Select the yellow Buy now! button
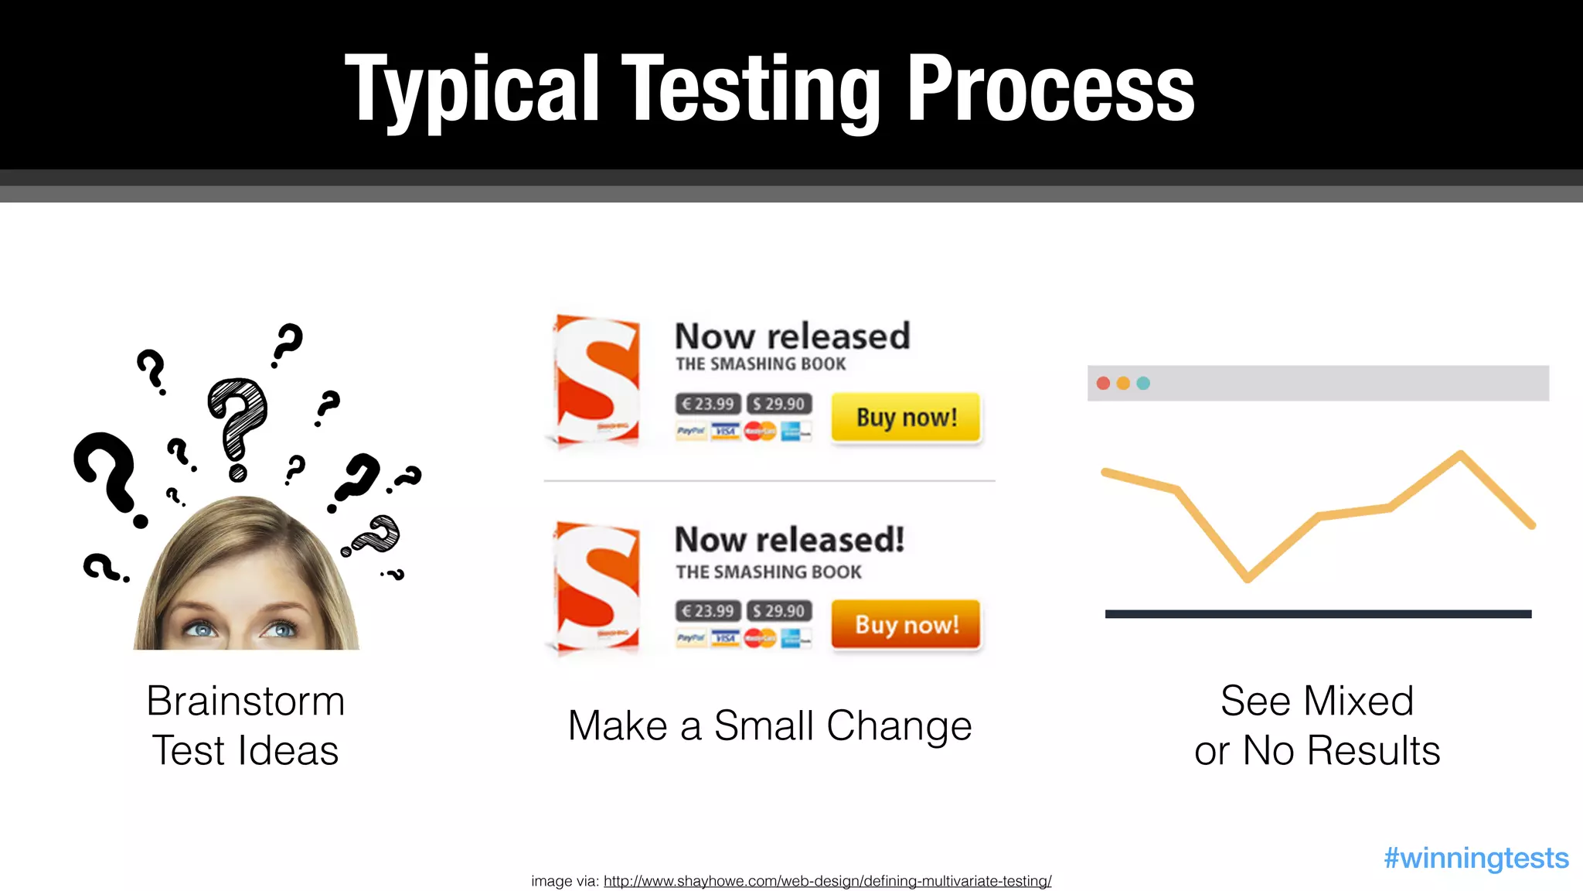[x=906, y=418]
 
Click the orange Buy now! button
[x=906, y=624]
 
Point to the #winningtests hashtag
[x=1476, y=858]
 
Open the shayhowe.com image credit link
[x=827, y=881]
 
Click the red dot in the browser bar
[x=1103, y=384]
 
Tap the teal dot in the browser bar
[x=1143, y=384]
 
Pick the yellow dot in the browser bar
[x=1123, y=384]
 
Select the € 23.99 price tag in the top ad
[x=708, y=404]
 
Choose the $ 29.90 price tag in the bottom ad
[x=779, y=611]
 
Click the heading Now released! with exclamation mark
[x=789, y=540]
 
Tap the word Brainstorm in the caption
[x=246, y=702]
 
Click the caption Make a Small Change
[x=770, y=726]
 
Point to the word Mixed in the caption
[x=1358, y=702]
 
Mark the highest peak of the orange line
[x=1460, y=453]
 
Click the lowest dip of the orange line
[x=1248, y=578]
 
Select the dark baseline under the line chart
[x=1318, y=614]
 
